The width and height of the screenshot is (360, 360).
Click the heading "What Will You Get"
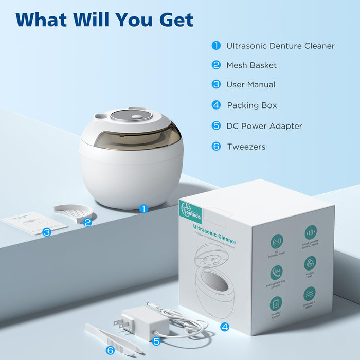click(104, 20)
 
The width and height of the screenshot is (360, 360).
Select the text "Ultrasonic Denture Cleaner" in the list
click(280, 46)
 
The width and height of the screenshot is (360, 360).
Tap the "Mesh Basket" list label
click(251, 65)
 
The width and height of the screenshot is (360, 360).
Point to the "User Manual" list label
click(251, 85)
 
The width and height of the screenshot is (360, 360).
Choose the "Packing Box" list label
click(252, 105)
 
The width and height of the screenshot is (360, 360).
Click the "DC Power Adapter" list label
click(264, 126)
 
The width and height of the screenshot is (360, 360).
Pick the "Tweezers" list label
click(246, 147)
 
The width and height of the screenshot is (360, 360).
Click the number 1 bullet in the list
click(216, 46)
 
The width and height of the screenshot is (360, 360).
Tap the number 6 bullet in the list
click(216, 147)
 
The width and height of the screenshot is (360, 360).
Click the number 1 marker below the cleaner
click(143, 209)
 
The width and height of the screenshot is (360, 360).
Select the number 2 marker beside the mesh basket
click(87, 222)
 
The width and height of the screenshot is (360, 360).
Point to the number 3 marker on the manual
click(47, 232)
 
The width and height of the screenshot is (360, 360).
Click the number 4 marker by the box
click(225, 327)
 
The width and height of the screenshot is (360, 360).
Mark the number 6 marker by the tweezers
click(110, 350)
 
